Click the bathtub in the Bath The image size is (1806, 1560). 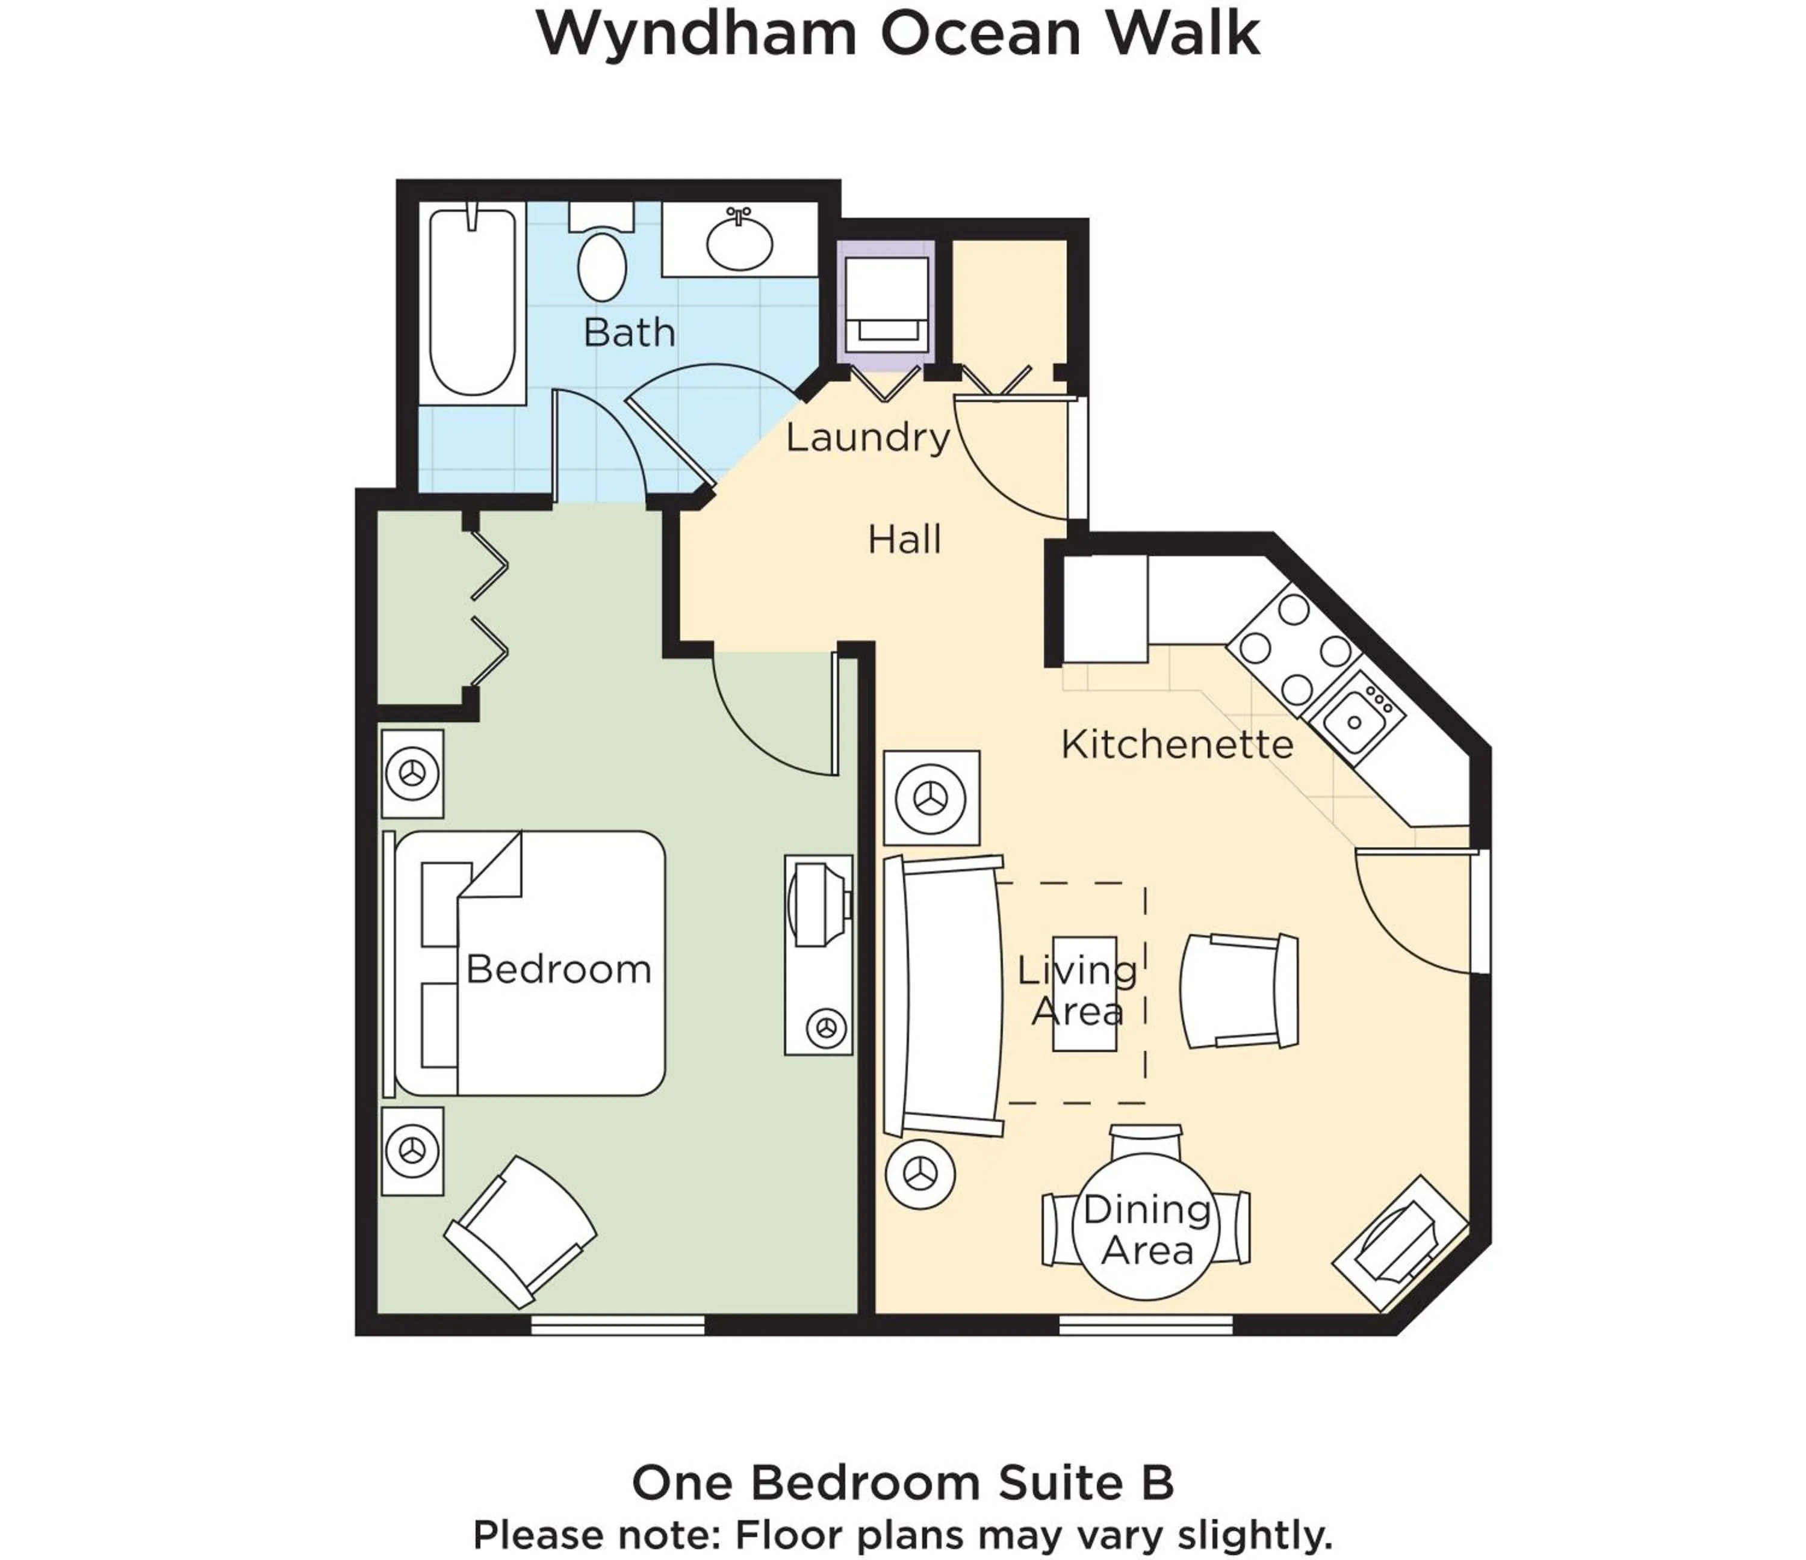[473, 302]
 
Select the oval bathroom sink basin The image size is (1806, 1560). [739, 243]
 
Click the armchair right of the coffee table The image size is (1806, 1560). [1238, 991]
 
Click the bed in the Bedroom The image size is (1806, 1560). [532, 963]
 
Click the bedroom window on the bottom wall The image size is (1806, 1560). [617, 1325]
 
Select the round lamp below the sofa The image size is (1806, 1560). [920, 1175]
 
